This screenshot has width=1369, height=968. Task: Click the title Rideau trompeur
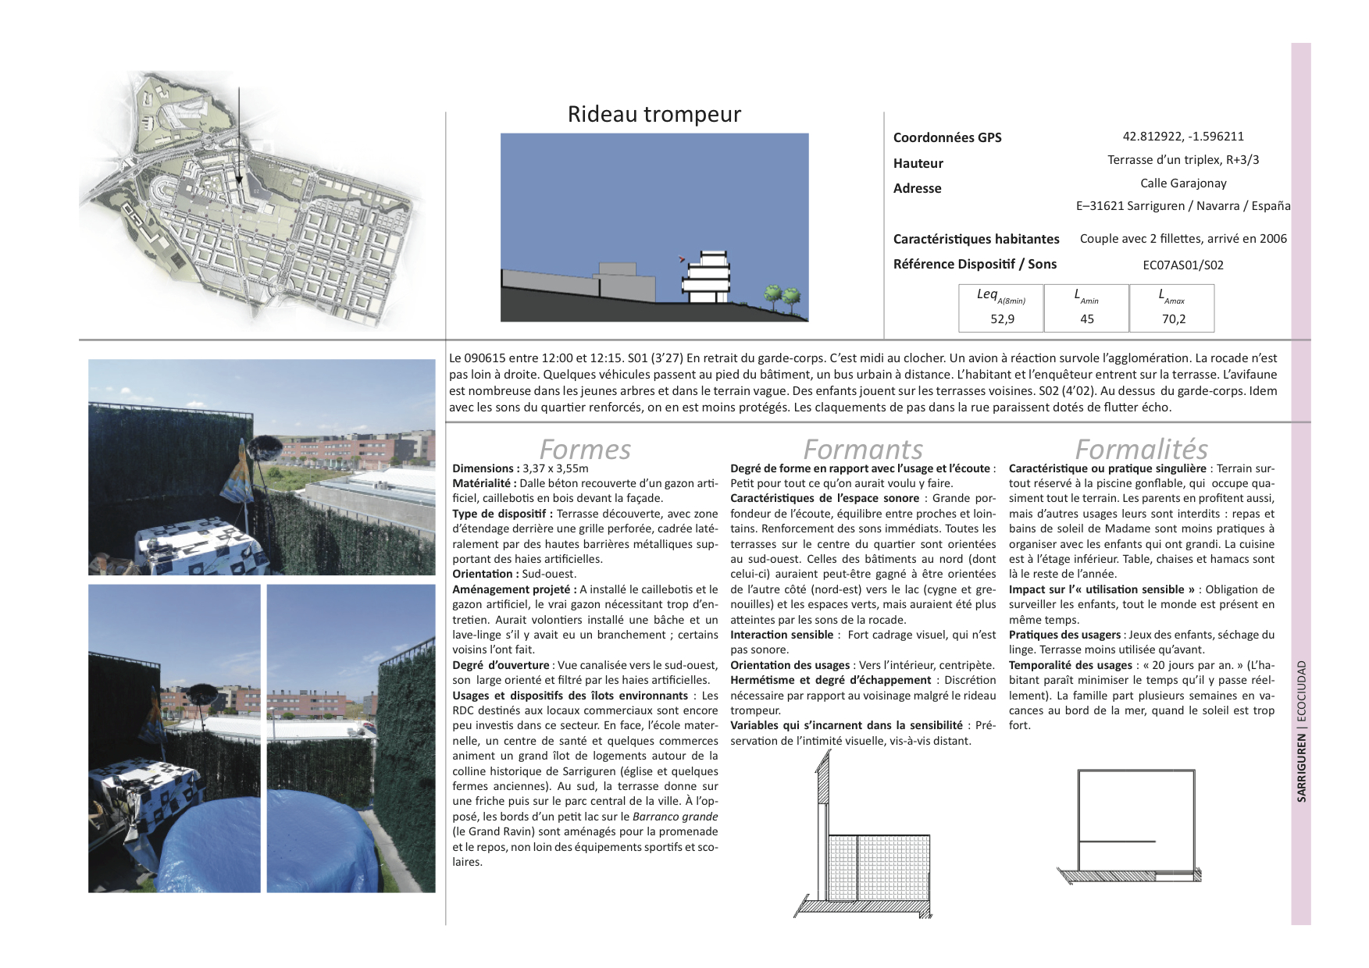click(654, 115)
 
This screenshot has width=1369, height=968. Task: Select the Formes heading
click(584, 449)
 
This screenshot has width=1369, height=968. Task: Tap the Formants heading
click(862, 449)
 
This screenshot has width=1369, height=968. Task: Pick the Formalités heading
click(1141, 449)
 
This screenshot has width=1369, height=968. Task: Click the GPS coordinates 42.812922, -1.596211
click(1183, 136)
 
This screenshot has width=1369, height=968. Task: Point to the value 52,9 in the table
click(1001, 319)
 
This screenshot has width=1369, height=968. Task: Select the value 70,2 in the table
click(1173, 319)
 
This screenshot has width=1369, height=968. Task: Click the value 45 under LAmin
click(1086, 319)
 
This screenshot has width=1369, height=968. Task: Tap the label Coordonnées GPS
click(947, 137)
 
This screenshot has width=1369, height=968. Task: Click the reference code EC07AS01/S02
click(1183, 265)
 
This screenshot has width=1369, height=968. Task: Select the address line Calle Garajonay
click(1183, 183)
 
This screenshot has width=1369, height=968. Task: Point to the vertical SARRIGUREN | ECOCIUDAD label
click(1301, 731)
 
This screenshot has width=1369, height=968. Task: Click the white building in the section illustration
click(707, 277)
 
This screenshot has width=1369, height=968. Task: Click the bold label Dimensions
click(484, 468)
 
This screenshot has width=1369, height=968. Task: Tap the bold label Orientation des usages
click(790, 665)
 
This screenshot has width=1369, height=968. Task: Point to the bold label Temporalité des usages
click(1070, 665)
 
